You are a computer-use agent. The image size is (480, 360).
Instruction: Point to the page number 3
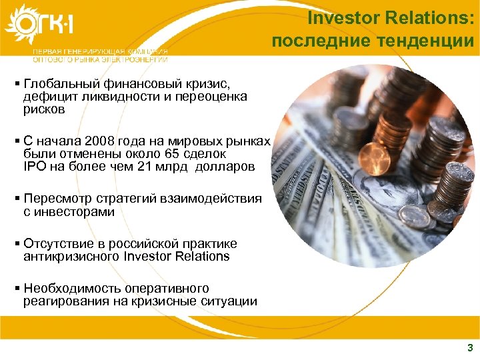tap(470, 347)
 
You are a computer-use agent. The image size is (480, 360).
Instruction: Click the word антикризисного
tap(71, 257)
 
